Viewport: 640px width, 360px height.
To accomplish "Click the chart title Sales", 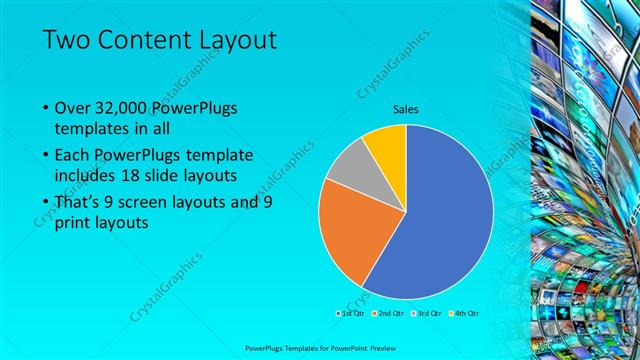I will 406,109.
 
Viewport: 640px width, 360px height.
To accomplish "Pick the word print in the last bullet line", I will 71,223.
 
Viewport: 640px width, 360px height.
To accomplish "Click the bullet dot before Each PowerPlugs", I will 46,156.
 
